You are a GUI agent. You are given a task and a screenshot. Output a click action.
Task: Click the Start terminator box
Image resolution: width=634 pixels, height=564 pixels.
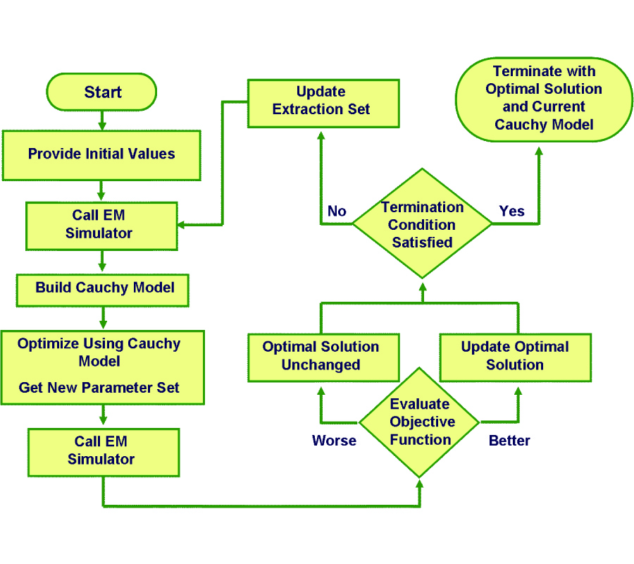click(x=101, y=92)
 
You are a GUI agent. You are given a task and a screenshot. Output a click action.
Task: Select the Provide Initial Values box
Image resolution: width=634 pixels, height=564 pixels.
click(x=101, y=154)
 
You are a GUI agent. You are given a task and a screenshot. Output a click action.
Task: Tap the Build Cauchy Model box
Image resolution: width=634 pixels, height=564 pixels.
click(x=103, y=288)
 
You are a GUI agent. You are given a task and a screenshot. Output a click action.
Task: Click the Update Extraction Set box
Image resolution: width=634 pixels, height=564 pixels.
click(x=321, y=101)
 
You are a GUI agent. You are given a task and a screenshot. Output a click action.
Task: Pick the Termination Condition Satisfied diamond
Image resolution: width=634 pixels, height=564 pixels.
click(x=422, y=224)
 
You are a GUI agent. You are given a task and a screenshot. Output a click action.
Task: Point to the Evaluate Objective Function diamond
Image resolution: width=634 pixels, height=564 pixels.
click(x=421, y=422)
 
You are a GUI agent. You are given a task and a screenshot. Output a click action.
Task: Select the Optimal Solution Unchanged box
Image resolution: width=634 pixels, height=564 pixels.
click(x=321, y=355)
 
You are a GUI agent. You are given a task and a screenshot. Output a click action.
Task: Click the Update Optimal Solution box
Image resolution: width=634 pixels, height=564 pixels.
click(x=515, y=355)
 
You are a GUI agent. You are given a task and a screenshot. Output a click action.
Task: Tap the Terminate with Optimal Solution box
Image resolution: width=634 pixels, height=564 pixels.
click(x=544, y=98)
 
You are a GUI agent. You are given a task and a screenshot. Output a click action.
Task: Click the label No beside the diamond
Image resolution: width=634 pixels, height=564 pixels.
click(x=337, y=211)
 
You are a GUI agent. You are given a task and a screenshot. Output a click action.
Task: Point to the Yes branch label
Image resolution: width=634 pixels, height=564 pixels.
click(x=511, y=211)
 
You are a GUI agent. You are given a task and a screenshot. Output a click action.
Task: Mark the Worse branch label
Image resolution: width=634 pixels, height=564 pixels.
click(x=334, y=441)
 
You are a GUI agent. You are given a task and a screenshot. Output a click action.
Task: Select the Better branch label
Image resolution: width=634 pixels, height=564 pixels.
click(x=509, y=441)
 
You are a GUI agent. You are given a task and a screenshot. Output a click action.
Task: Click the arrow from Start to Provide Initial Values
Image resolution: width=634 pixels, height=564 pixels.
click(x=102, y=121)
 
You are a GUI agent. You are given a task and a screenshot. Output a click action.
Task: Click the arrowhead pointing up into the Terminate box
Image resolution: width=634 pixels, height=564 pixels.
click(x=539, y=151)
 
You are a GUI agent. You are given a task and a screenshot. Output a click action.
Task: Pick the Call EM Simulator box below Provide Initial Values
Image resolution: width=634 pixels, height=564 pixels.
click(x=101, y=224)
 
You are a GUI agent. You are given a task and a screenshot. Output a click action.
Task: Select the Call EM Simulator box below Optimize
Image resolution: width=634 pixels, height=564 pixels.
click(x=103, y=450)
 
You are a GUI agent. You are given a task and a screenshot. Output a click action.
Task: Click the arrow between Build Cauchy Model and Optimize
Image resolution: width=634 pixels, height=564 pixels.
click(x=104, y=317)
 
